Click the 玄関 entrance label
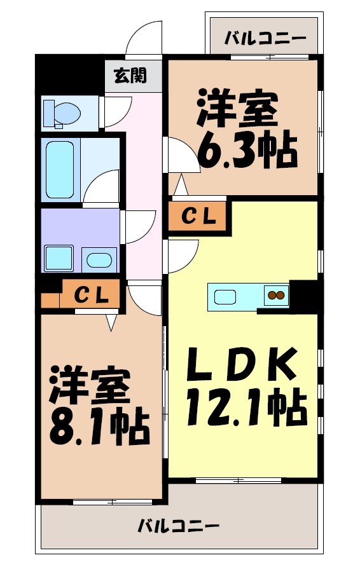click(x=130, y=75)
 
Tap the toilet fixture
click(x=62, y=113)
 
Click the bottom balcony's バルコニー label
click(x=179, y=526)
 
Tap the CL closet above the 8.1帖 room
click(x=89, y=294)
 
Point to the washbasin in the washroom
click(x=99, y=259)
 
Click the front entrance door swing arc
click(x=145, y=39)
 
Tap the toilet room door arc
click(x=116, y=112)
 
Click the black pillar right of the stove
click(x=305, y=295)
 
